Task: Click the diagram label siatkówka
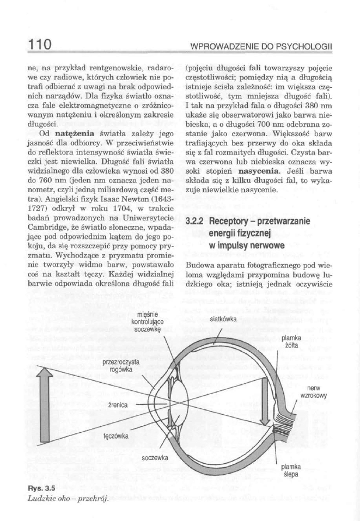coord(223,320)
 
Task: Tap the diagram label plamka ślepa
coord(291,470)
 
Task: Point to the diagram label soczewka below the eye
coord(155,457)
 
